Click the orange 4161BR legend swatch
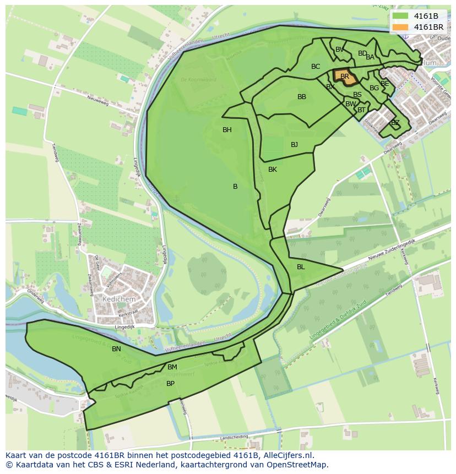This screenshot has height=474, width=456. pos(401,26)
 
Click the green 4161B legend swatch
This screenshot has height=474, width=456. pos(401,16)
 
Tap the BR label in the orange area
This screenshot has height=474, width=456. pos(345,77)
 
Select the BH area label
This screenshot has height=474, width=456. pos(227,130)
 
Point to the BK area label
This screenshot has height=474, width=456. pos(273,170)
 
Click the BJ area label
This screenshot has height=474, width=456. pos(294,145)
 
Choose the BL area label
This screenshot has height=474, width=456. pos(301,267)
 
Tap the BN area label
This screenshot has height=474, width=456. pos(116,349)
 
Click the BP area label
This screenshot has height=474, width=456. pos(170,384)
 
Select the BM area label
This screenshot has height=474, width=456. pos(172,367)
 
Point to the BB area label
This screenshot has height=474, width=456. pos(302,97)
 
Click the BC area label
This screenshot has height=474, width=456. pos(316,67)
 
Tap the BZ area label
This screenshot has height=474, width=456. pos(395,123)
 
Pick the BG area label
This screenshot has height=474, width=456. pos(374,88)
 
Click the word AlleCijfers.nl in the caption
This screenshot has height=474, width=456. pos(289,455)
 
